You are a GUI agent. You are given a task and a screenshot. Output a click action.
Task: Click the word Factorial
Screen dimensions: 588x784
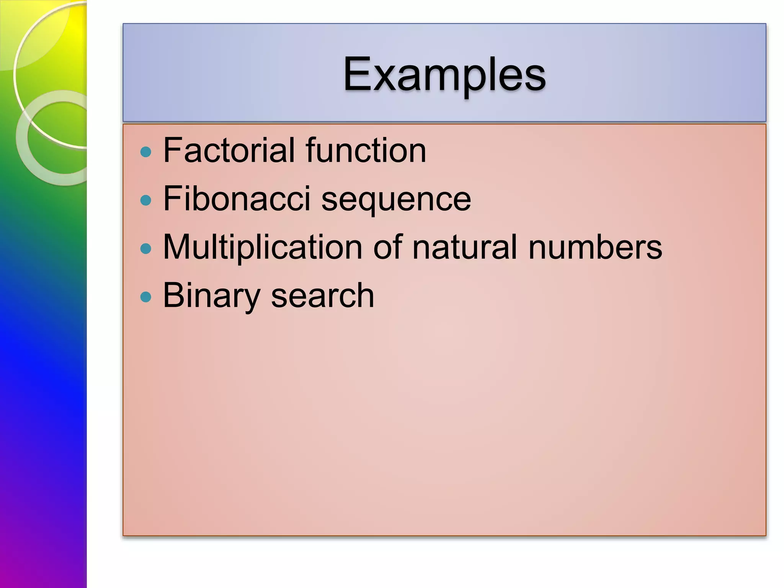pos(229,150)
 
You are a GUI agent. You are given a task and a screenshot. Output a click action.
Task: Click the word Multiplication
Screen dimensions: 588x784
pos(263,247)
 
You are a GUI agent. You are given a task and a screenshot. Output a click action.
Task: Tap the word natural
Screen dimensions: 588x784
pos(465,247)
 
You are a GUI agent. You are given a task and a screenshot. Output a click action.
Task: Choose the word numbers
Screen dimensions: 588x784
pos(595,247)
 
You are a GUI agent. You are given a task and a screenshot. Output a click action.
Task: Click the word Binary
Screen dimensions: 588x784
pos(212,296)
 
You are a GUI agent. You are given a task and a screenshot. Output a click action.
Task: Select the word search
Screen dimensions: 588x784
pos(322,296)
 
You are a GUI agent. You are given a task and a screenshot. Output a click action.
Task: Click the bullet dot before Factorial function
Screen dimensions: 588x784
pos(146,152)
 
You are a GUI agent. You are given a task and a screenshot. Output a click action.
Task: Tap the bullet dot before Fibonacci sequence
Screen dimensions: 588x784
pos(146,200)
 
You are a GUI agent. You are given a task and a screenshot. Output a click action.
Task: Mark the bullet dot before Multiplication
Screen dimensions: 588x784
pos(146,249)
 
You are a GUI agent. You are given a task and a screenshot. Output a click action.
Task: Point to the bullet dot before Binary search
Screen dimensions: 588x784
pos(146,297)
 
